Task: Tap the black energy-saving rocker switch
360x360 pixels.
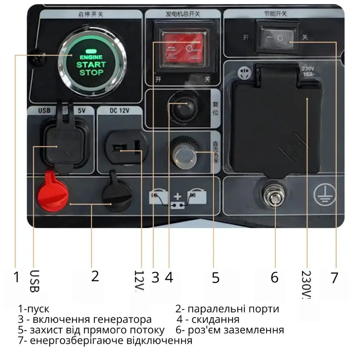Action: [x=277, y=38]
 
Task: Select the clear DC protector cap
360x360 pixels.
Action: [x=183, y=155]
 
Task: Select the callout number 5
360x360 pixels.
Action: [x=215, y=277]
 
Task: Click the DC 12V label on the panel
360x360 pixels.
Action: [x=120, y=111]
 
